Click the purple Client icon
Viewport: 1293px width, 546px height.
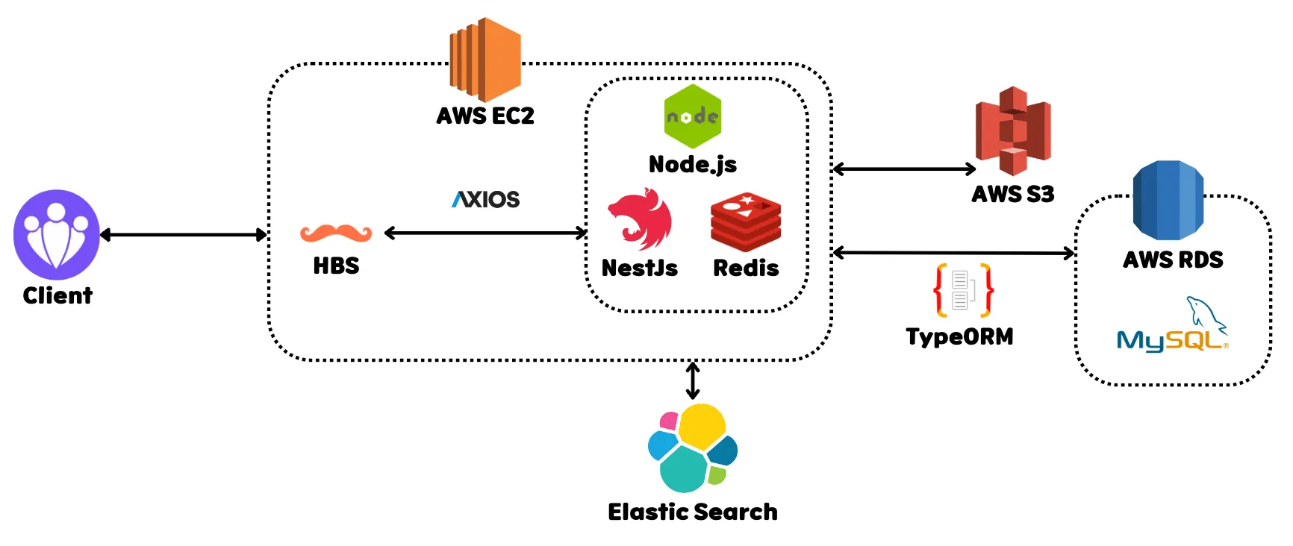[x=57, y=234]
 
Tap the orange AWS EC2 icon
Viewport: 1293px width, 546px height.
[x=485, y=60]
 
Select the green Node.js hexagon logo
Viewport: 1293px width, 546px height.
[x=693, y=116]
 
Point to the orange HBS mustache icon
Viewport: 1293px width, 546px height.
[x=336, y=233]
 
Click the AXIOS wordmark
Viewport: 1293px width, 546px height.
[x=486, y=199]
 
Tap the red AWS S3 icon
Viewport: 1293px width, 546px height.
[x=1013, y=131]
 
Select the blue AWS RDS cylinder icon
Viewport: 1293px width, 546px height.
[x=1168, y=200]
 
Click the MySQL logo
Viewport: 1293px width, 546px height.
[x=1173, y=327]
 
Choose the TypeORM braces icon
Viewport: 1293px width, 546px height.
[x=963, y=290]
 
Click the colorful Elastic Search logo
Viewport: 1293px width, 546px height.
[x=693, y=448]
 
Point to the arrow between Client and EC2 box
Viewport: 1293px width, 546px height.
[x=183, y=235]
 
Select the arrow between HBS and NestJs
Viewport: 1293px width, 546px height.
[x=486, y=233]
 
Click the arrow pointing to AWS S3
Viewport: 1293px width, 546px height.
[x=904, y=169]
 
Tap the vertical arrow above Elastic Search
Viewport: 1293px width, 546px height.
[x=693, y=380]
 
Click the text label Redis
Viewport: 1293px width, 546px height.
[x=746, y=268]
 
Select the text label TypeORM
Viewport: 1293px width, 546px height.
[x=960, y=336]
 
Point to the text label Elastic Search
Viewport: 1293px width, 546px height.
[x=693, y=512]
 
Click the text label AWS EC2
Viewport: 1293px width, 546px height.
[x=485, y=116]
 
